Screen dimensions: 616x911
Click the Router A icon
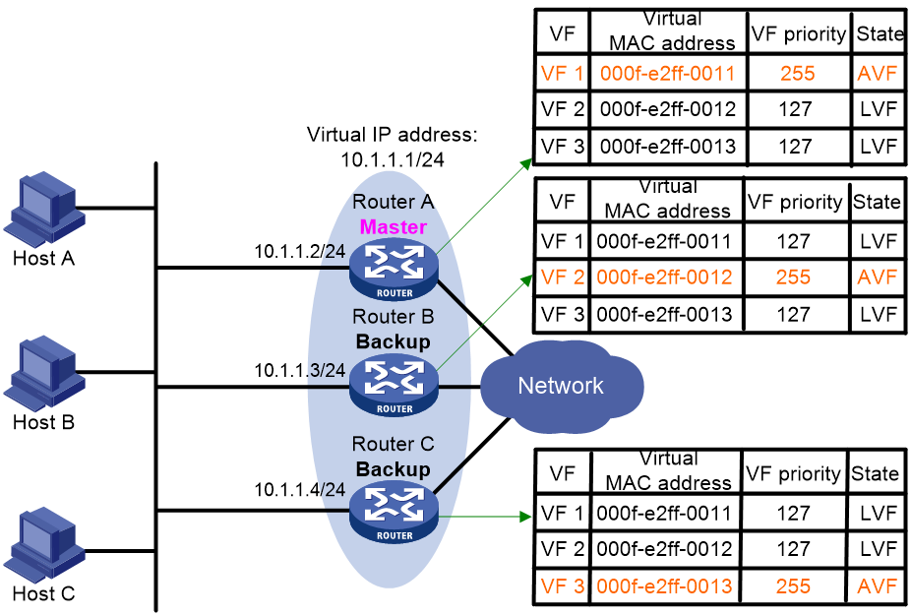(x=394, y=269)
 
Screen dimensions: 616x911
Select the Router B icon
(x=394, y=385)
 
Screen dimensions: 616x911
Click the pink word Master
(x=394, y=227)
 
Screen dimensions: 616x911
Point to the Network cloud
(x=562, y=386)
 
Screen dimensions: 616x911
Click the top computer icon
(x=43, y=210)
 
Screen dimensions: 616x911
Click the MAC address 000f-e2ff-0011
(x=668, y=74)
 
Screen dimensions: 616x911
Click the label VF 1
(x=562, y=74)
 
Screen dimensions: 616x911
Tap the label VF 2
(x=562, y=277)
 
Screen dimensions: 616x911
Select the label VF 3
(x=562, y=586)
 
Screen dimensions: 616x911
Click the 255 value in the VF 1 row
(x=798, y=74)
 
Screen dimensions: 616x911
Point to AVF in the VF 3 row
(x=877, y=586)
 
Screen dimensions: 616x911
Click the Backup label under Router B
(x=394, y=342)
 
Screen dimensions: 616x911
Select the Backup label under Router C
(x=394, y=469)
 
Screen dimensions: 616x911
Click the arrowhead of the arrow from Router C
(x=526, y=516)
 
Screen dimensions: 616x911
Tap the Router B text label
(x=394, y=317)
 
